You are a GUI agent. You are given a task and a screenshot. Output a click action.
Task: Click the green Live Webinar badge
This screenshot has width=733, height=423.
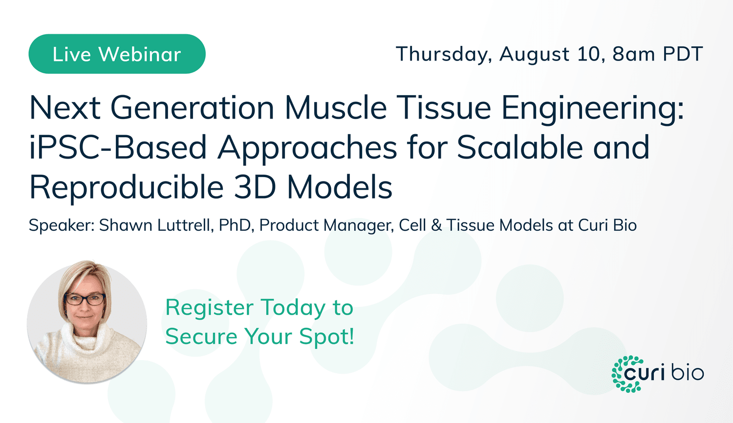pos(117,54)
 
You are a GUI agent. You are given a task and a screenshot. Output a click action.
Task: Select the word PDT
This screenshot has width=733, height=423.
pos(683,54)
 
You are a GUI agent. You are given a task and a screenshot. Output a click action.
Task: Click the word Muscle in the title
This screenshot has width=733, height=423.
pos(336,108)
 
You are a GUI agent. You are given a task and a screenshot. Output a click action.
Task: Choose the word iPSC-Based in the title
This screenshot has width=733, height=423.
pos(118,148)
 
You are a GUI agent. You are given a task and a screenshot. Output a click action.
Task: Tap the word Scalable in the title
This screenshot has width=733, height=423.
pos(520,148)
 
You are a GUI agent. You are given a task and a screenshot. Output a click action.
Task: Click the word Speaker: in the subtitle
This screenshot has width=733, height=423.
pos(62,225)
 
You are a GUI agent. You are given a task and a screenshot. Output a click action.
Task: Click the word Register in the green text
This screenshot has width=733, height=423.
pos(210,308)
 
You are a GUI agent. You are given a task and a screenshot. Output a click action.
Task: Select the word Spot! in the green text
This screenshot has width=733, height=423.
pos(327,337)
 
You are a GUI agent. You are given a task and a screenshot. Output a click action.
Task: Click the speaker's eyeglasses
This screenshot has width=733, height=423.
pos(85,299)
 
